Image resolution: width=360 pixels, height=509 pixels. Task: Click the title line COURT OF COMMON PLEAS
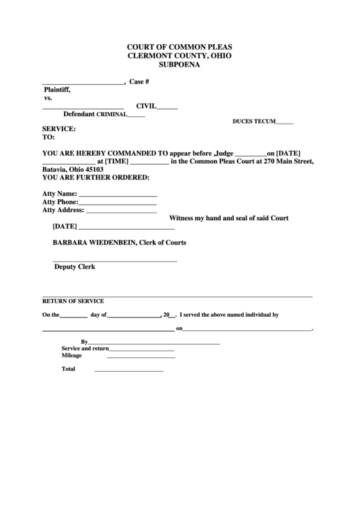180,46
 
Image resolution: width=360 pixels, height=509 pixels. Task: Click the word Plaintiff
57,90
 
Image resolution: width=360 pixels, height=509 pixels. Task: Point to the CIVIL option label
147,106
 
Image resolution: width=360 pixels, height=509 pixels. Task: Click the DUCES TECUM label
254,122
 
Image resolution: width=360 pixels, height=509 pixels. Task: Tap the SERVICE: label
59,128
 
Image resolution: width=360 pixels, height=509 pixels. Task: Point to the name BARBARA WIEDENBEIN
94,243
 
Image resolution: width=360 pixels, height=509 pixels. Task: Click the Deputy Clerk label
75,267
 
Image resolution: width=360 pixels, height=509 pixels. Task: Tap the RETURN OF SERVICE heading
73,300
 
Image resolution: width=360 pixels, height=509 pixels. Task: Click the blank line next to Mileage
140,356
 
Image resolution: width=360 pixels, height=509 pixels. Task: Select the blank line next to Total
128,370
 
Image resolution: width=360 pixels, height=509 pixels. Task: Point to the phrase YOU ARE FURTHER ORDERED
95,177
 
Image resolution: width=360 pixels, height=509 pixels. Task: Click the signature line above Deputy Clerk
115,261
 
